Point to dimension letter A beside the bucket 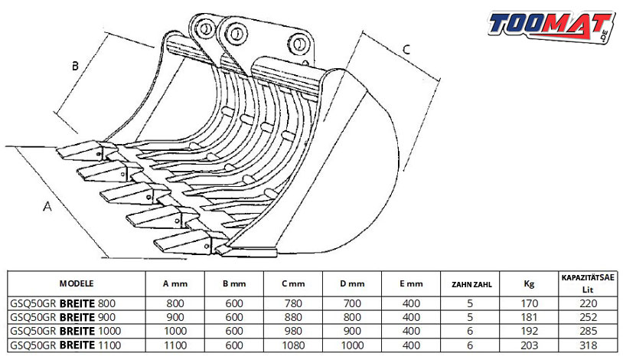(47, 207)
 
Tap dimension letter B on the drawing (75, 66)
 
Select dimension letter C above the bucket (406, 49)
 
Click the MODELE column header (77, 283)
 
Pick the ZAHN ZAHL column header (471, 284)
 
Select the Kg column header (529, 283)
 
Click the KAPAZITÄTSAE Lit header (588, 283)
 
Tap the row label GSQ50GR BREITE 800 (63, 303)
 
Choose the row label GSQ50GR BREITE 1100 (66, 345)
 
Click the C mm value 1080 (293, 345)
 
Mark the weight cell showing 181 (529, 317)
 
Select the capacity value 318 (588, 345)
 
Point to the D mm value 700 (352, 304)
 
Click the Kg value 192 (529, 332)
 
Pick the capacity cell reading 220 (588, 304)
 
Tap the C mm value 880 (293, 317)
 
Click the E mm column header (411, 284)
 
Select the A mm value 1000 (175, 332)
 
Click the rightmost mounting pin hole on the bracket (298, 43)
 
